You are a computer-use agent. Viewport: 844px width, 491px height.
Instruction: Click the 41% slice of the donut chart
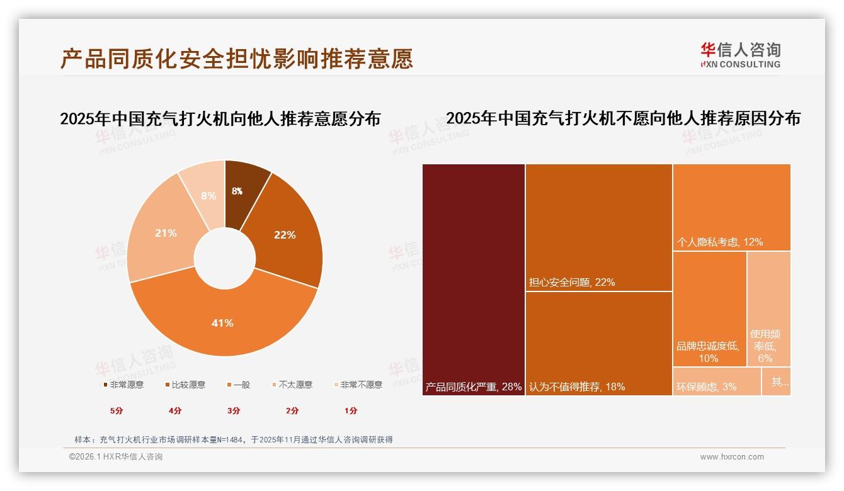[223, 322]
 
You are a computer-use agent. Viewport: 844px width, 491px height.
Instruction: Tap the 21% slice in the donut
[165, 233]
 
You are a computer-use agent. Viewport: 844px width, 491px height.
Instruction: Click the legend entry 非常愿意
[123, 385]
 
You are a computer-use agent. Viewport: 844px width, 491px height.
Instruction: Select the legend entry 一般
[238, 385]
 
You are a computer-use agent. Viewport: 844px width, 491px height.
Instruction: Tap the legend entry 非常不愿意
[357, 385]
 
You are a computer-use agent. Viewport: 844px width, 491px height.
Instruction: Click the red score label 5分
[117, 410]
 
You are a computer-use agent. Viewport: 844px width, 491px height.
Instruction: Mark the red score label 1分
[351, 410]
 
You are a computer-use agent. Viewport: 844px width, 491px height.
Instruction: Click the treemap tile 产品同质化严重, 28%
[474, 279]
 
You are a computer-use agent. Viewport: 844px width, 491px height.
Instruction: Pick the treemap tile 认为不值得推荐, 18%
[598, 343]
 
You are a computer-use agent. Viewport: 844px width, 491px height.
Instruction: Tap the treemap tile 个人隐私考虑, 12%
[731, 207]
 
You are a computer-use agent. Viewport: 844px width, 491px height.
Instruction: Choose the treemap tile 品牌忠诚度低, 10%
[709, 308]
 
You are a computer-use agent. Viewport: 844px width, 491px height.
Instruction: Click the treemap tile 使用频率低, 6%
[768, 308]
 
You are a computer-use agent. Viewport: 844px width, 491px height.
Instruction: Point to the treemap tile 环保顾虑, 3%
[717, 381]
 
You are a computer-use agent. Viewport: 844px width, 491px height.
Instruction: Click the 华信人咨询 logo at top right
[741, 55]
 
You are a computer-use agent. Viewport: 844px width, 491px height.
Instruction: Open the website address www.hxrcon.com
[732, 457]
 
